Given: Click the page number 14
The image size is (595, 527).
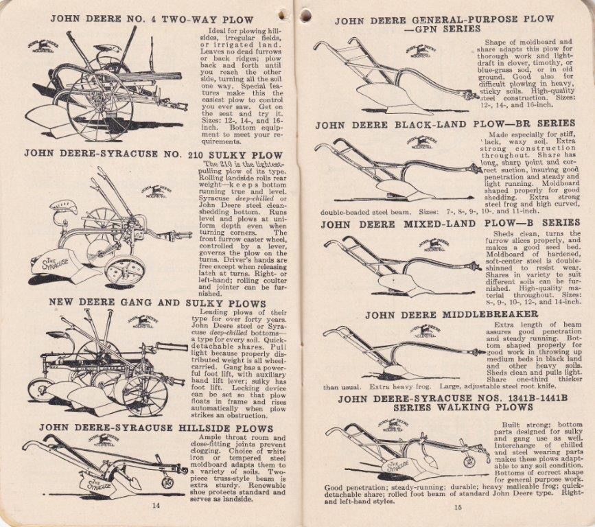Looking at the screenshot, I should click(x=156, y=506).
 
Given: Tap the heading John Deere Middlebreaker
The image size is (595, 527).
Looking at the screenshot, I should click(x=452, y=315).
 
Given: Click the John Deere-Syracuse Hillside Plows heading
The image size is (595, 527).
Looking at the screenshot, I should click(x=156, y=428).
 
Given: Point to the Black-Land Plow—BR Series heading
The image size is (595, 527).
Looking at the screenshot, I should click(x=447, y=125).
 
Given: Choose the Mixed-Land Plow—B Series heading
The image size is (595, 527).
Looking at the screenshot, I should click(x=450, y=223).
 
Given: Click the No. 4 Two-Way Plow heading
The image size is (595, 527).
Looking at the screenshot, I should click(x=152, y=20).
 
